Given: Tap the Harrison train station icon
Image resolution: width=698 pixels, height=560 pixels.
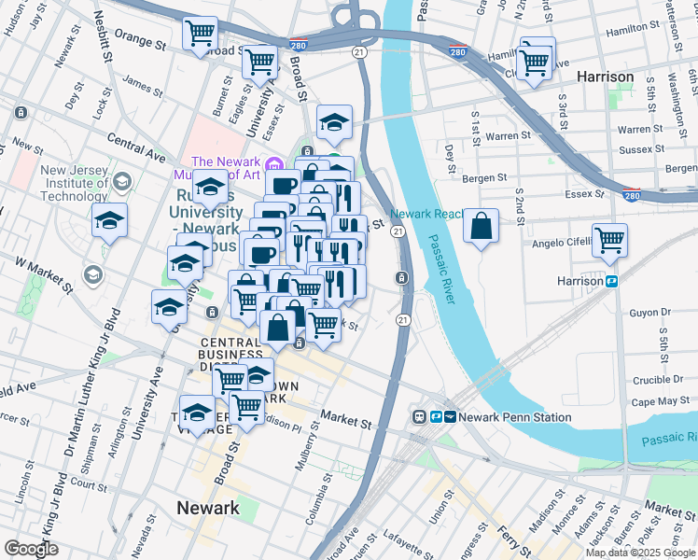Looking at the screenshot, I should (613, 281).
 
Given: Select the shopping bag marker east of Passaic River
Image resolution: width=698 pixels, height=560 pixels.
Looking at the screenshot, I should (481, 227).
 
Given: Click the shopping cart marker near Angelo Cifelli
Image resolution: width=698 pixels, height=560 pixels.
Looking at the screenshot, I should (609, 239).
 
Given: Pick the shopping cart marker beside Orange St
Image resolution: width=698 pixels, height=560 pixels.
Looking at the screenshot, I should (201, 34).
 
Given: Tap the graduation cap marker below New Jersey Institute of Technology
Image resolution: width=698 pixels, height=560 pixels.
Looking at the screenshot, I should (110, 221).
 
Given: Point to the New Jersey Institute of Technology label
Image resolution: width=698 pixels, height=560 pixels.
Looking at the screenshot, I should (74, 183).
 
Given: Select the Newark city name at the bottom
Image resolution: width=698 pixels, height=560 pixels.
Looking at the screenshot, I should (208, 509).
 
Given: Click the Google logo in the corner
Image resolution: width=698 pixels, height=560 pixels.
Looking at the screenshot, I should (32, 549).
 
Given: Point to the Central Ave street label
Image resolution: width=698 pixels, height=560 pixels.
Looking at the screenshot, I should (135, 142).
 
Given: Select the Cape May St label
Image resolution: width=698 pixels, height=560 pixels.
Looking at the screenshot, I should (660, 401).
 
